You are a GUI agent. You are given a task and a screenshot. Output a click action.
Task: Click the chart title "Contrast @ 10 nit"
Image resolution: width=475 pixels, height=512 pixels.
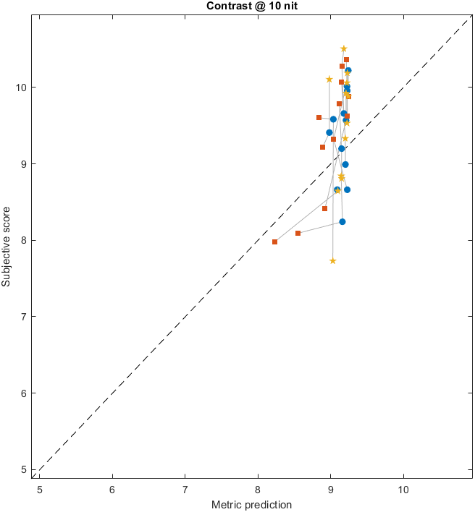(x=237, y=7)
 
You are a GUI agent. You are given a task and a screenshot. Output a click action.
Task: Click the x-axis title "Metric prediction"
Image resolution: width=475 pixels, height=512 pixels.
(x=251, y=504)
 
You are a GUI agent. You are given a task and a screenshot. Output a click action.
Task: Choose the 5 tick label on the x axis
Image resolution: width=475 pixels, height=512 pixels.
(x=40, y=490)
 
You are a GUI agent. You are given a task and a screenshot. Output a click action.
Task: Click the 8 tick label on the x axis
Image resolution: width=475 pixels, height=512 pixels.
(x=258, y=490)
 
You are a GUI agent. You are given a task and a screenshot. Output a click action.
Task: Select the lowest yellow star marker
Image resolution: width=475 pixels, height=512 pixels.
(x=333, y=261)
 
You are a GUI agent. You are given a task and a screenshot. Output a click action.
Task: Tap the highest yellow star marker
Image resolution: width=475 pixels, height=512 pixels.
(x=344, y=48)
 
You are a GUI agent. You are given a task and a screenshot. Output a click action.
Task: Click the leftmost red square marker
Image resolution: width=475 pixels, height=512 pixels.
(x=274, y=242)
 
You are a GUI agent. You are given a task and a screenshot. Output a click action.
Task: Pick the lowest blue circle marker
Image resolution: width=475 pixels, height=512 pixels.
(x=342, y=221)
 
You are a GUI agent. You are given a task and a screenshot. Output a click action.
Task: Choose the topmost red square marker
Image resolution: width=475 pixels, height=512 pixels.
(x=346, y=59)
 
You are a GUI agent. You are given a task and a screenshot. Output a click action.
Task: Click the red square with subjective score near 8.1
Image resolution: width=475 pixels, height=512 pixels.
(x=298, y=233)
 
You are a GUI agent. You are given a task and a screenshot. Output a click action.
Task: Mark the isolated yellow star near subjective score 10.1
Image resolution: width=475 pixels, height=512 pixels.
(x=329, y=80)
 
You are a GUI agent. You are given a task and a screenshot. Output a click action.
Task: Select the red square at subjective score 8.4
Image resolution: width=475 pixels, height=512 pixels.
(x=324, y=208)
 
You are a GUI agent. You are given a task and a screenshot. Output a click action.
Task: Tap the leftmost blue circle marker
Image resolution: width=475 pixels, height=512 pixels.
(x=329, y=132)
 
